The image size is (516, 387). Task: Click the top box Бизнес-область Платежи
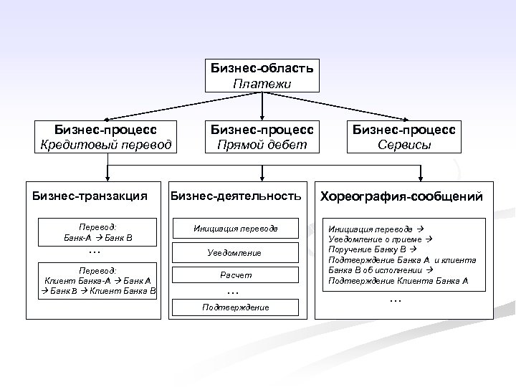(x=262, y=75)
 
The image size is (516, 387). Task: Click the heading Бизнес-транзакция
(x=90, y=195)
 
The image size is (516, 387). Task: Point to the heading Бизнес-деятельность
(x=235, y=195)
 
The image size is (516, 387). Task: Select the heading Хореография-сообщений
(x=402, y=196)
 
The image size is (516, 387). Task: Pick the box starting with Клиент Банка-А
(x=100, y=281)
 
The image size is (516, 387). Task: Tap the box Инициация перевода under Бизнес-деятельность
(x=236, y=229)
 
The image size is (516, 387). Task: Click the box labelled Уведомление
(x=236, y=253)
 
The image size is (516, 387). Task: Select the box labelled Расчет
(x=236, y=275)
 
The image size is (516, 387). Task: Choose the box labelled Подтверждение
(x=236, y=307)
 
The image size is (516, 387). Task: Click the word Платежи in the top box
(x=262, y=83)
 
